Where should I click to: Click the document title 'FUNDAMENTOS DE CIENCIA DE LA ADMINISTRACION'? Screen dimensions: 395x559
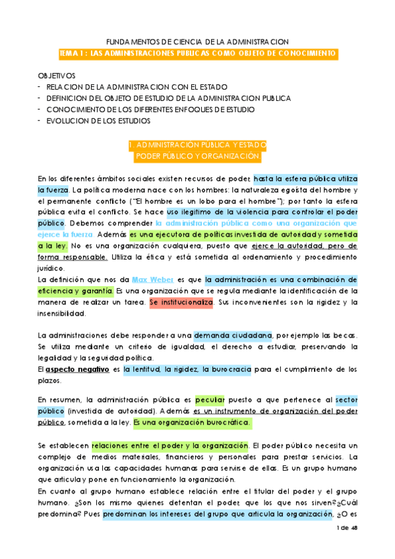(198, 41)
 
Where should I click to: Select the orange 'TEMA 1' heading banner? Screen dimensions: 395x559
(198, 53)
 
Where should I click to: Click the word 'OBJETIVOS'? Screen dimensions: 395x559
(57, 76)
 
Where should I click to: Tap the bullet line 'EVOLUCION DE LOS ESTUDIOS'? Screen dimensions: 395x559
(98, 121)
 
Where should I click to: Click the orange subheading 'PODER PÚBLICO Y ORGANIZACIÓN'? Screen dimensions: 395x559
(198, 156)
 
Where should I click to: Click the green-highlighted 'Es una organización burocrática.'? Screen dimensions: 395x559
(191, 423)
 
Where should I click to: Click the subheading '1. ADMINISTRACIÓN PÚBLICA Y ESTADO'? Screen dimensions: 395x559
(198, 144)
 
